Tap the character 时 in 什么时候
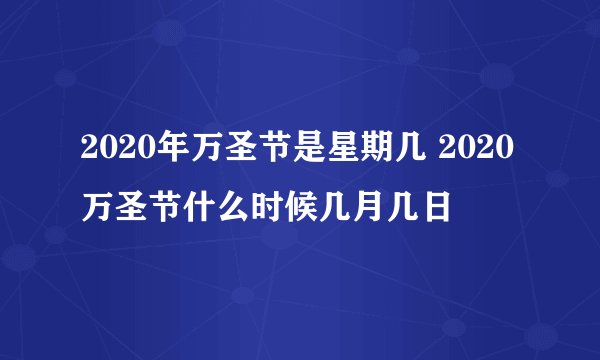[244, 209]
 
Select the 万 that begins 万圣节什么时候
[94, 209]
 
